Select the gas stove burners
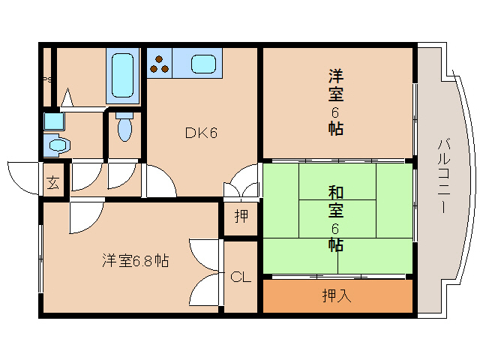point(159,63)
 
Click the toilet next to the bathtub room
point(124,127)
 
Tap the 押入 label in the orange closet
point(336,295)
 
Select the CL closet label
point(240,277)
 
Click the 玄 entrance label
point(54,182)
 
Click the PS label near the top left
point(46,80)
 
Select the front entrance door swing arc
point(22,172)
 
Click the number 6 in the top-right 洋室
point(335,112)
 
